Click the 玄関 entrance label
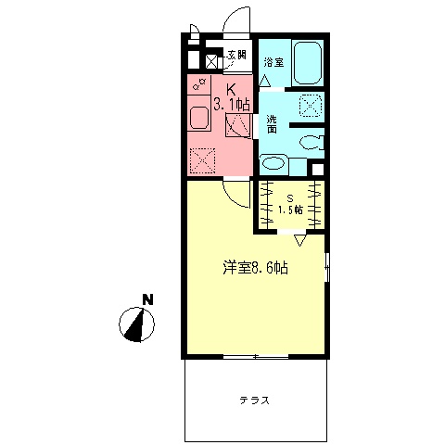click(x=236, y=55)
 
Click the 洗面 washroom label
click(x=272, y=123)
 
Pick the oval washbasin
click(x=273, y=163)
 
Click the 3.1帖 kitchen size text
click(x=232, y=105)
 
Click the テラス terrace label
click(x=254, y=400)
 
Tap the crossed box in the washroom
click(x=310, y=106)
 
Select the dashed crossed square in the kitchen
click(x=202, y=160)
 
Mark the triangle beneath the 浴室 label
click(x=265, y=81)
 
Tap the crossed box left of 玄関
click(x=211, y=61)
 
